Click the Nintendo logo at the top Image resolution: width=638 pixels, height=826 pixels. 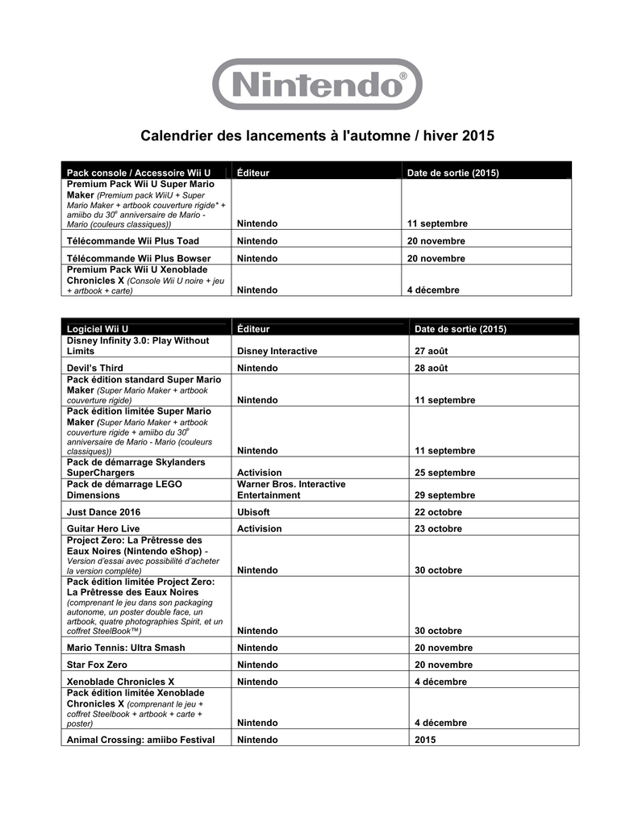317,83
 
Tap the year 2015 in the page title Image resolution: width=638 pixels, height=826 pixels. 477,136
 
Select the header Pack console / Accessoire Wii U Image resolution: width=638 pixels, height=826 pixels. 138,173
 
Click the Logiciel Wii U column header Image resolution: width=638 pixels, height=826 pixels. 98,329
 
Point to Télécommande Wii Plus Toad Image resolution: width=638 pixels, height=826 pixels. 132,240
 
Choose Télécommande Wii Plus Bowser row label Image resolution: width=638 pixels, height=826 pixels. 138,258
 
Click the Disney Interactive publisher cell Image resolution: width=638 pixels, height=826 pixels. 277,351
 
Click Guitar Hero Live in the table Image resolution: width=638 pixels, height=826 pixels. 103,528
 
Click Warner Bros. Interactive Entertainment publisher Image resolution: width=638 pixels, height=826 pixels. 291,490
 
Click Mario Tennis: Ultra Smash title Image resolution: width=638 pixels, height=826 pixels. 126,647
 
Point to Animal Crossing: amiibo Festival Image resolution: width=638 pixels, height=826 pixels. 140,740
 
